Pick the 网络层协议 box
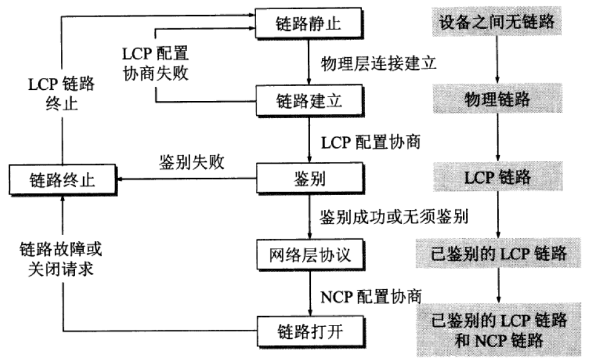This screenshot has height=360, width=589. pyautogui.click(x=310, y=253)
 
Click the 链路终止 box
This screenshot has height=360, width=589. pyautogui.click(x=63, y=179)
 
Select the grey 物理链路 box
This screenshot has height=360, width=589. pyautogui.click(x=497, y=99)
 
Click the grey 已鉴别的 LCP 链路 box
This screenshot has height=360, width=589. pyautogui.click(x=497, y=253)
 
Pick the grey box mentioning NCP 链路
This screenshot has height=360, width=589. pyautogui.click(x=497, y=329)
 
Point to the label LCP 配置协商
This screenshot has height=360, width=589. pyautogui.click(x=371, y=142)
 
